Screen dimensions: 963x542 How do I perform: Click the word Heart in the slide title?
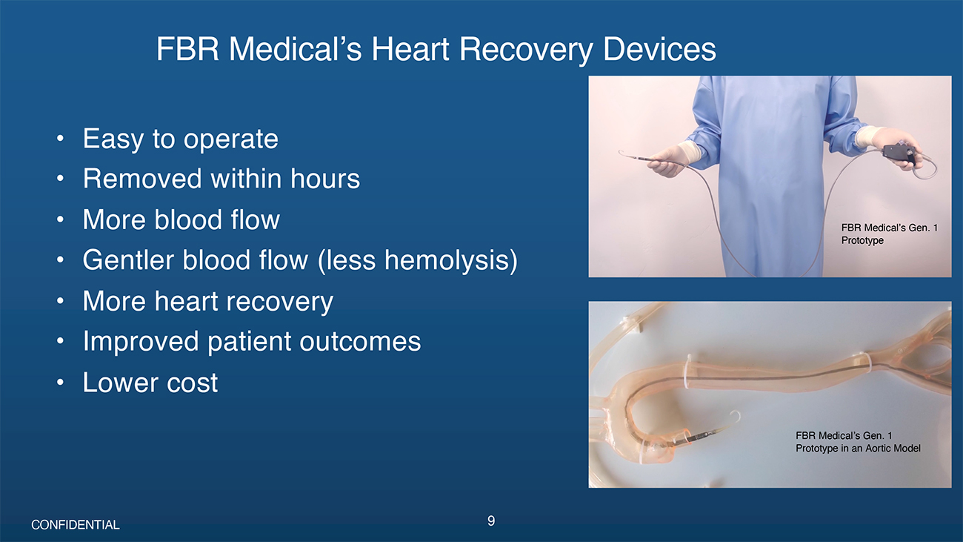(410, 49)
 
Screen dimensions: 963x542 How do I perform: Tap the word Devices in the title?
(659, 49)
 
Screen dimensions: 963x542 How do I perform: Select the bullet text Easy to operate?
(181, 139)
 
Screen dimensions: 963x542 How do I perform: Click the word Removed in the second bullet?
(142, 179)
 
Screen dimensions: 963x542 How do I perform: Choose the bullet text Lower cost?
(150, 383)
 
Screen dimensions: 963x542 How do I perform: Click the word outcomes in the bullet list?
(360, 342)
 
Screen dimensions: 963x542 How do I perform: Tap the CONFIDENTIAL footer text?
(76, 525)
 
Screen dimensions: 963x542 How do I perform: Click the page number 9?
(491, 521)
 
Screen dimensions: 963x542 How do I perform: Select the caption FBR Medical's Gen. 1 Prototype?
(889, 234)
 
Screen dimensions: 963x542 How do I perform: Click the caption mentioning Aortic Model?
(858, 442)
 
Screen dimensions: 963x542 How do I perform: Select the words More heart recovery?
(208, 301)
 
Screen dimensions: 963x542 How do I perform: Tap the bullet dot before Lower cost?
(60, 383)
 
